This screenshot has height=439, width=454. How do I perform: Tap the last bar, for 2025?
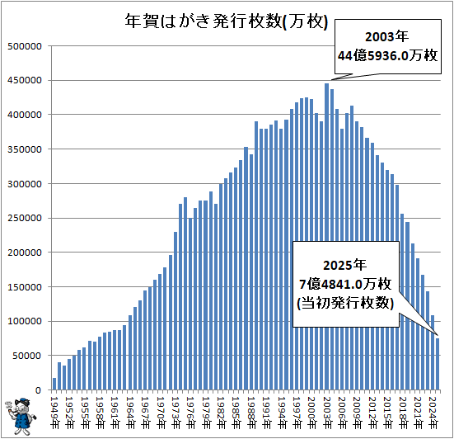tap(438, 364)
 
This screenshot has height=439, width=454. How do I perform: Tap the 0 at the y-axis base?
tap(40, 390)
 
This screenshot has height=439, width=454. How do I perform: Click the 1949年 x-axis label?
tap(54, 408)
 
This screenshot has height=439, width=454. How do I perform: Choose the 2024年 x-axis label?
tap(432, 408)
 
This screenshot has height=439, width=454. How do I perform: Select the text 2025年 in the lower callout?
tap(345, 266)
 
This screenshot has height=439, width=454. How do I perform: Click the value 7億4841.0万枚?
tap(345, 285)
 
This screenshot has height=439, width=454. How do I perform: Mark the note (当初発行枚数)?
tap(345, 304)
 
